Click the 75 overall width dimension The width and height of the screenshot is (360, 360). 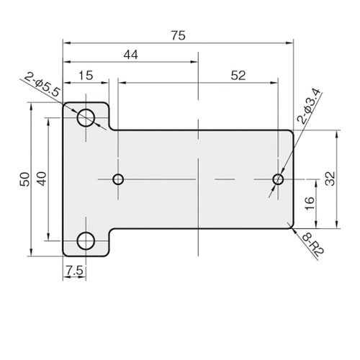pyautogui.click(x=179, y=35)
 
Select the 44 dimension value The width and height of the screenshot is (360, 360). pyautogui.click(x=131, y=55)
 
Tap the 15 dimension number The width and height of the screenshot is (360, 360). pyautogui.click(x=86, y=76)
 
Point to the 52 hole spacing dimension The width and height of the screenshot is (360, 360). pyautogui.click(x=238, y=76)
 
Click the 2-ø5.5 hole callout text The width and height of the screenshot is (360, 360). pyautogui.click(x=42, y=84)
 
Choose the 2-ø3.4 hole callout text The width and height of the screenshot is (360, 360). pyautogui.click(x=309, y=106)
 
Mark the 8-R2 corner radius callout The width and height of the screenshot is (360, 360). pyautogui.click(x=313, y=244)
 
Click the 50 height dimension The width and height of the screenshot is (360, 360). pyautogui.click(x=24, y=179)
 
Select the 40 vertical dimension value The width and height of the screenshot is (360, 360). pyautogui.click(x=42, y=179)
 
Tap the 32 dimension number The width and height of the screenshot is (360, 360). pyautogui.click(x=330, y=179)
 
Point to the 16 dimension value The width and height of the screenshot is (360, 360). pyautogui.click(x=310, y=203)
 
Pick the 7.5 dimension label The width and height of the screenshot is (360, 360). pyautogui.click(x=75, y=271)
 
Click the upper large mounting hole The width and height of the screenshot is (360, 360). pyautogui.click(x=86, y=117)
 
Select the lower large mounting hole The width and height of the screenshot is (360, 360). pyautogui.click(x=86, y=240)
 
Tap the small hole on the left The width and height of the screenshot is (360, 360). pyautogui.click(x=118, y=179)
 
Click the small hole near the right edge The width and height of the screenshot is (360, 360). pyautogui.click(x=278, y=179)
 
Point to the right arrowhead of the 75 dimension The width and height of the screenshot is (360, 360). pyautogui.click(x=289, y=43)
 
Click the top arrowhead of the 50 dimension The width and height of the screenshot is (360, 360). pyautogui.click(x=31, y=107)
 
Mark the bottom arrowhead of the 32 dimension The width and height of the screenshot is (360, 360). pyautogui.click(x=338, y=225)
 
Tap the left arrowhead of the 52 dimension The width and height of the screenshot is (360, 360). pyautogui.click(x=122, y=83)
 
